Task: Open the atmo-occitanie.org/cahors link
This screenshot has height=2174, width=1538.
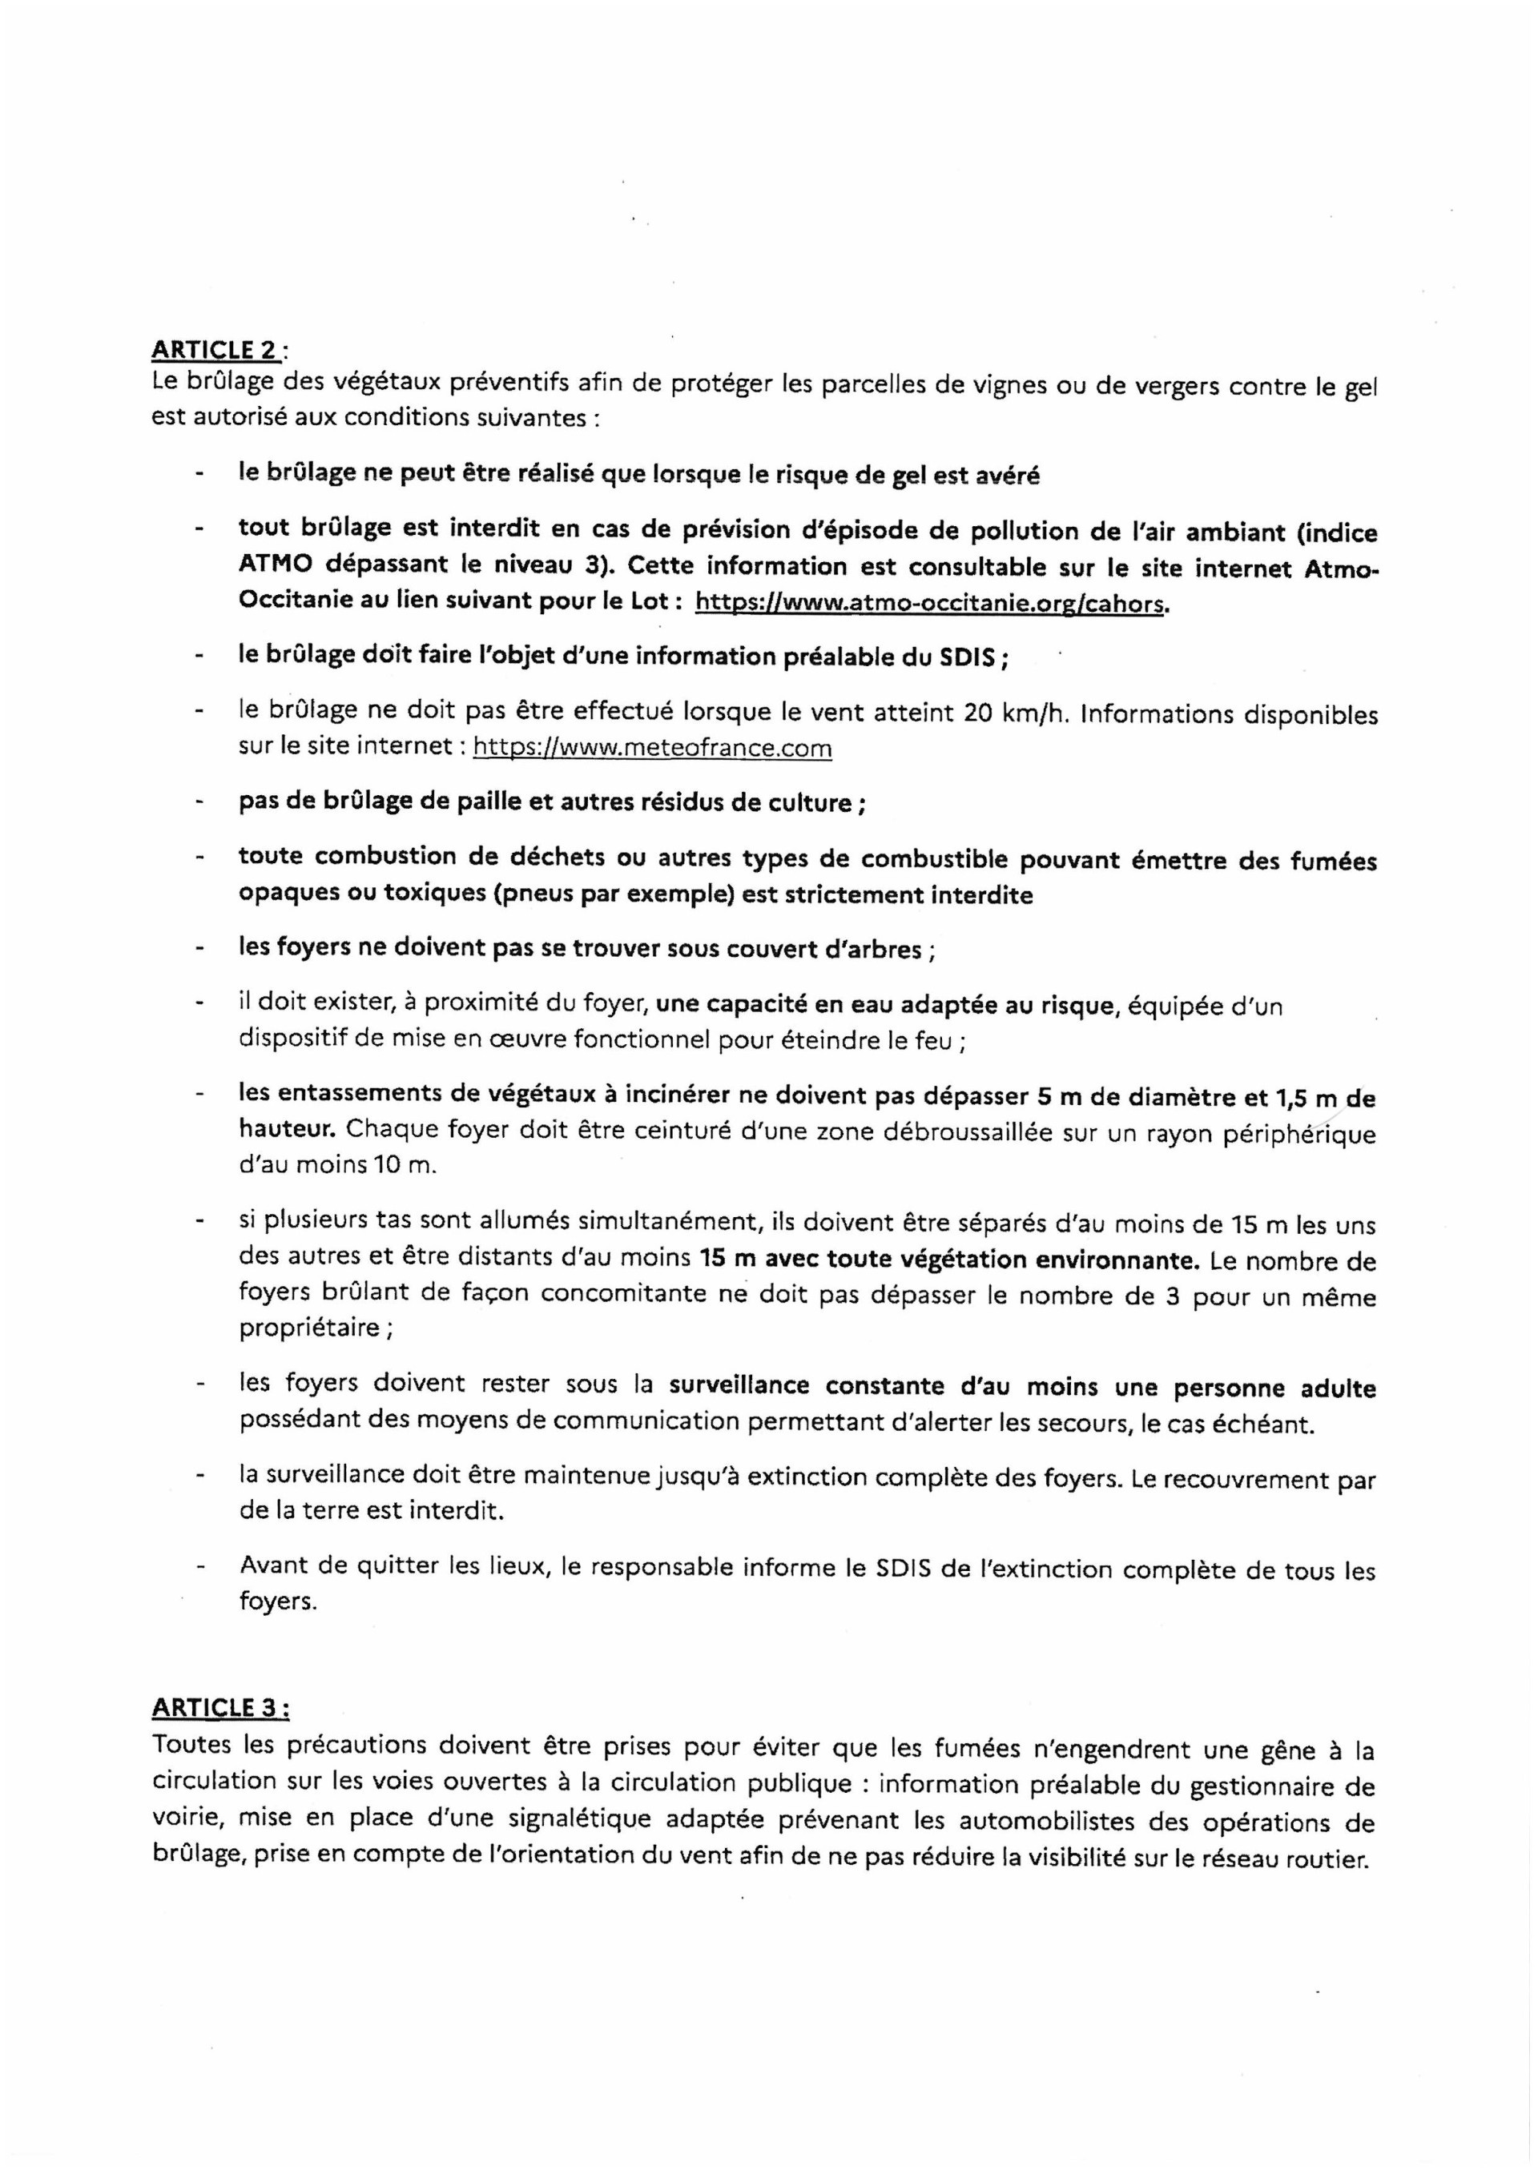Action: tap(928, 602)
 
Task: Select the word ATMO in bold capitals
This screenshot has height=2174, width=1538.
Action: tap(275, 566)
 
